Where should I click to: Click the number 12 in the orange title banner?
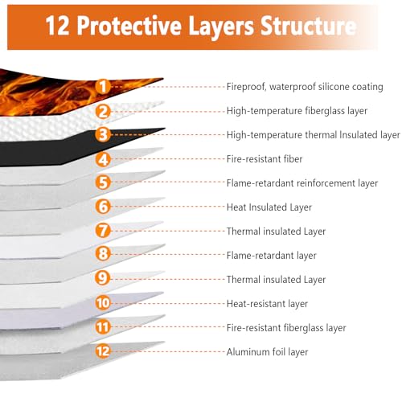pos(57,26)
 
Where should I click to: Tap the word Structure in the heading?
pos(308,26)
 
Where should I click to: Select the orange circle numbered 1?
pos(103,86)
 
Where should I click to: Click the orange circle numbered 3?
pos(103,135)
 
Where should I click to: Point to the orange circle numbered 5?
pos(103,183)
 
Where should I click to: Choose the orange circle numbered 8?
pos(103,254)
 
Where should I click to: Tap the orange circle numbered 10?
pos(103,303)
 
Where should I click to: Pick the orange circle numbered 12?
pos(103,351)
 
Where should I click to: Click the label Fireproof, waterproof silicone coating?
pos(305,87)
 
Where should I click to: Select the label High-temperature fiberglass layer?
pos(297,111)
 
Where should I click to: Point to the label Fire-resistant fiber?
pos(265,159)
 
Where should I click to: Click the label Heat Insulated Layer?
pos(269,207)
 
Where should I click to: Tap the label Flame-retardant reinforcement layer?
pos(302,183)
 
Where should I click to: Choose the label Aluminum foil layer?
pos(267,352)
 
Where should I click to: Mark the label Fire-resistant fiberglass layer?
pos(286,328)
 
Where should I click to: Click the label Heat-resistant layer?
pos(267,304)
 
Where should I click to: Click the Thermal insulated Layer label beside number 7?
pos(276,232)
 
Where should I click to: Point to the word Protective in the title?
pos(129,26)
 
